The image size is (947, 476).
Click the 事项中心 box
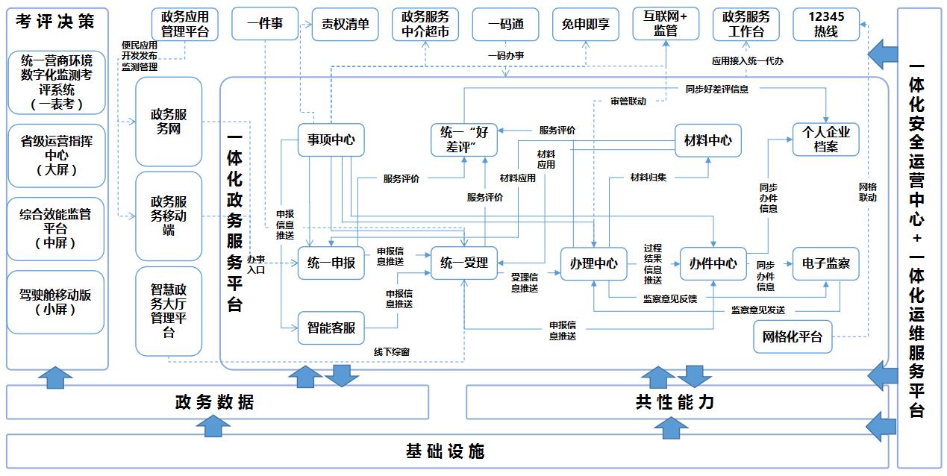coord(331,140)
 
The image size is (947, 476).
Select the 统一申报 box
coord(331,263)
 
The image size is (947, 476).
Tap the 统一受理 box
coord(463,263)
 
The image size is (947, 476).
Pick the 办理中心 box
coord(593,263)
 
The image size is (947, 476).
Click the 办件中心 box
coord(713,263)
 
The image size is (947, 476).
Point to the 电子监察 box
coord(825,263)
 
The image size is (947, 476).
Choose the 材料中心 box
coord(707,140)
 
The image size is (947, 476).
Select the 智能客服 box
coord(331,328)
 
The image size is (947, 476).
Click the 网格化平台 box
coord(792,336)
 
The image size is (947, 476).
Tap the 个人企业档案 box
coord(825,140)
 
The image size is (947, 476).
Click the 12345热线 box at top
coord(825,25)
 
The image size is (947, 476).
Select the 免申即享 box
coord(585,25)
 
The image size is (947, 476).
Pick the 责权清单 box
coord(346,25)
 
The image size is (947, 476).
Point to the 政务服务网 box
coord(169,122)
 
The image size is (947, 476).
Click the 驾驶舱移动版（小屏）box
coord(56,302)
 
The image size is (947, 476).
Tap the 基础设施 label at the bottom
coord(446,451)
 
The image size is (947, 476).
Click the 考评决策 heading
coord(56,22)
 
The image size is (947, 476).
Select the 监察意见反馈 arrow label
coord(669,299)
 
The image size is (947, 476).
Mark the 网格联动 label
coord(867,192)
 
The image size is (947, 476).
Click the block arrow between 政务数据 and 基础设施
coord(216,425)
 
